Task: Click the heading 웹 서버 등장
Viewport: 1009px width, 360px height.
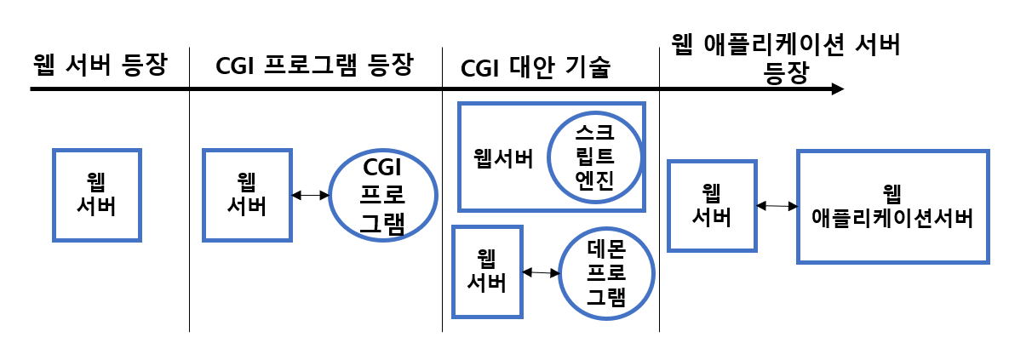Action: pos(100,66)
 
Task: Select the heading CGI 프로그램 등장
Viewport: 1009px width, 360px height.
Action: pos(314,66)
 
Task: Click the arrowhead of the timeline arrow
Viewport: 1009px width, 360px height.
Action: pos(838,89)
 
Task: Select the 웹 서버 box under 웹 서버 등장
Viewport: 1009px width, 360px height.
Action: pos(96,194)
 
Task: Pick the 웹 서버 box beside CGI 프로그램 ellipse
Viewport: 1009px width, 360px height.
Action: pos(247,194)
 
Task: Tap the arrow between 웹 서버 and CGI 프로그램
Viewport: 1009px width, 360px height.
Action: pos(310,195)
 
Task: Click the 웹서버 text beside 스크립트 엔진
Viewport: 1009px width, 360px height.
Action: pos(502,158)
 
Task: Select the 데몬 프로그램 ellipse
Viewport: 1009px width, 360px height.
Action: pos(606,272)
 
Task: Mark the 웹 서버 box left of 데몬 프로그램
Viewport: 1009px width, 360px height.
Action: pos(487,271)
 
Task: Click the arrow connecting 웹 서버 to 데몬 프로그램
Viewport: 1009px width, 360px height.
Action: pos(540,272)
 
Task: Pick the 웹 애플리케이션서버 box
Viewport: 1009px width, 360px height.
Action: pos(892,206)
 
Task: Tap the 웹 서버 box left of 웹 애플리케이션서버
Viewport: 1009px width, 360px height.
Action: pos(711,205)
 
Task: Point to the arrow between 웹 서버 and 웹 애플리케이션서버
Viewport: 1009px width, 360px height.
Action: pos(776,205)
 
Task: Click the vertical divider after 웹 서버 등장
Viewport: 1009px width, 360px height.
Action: pos(189,196)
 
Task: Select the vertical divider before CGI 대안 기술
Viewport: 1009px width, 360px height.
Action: pos(442,196)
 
